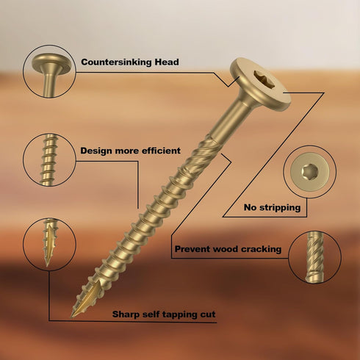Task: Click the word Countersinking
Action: click(x=116, y=62)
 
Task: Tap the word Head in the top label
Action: click(x=167, y=62)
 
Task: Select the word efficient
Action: click(x=161, y=151)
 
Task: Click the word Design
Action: click(x=96, y=151)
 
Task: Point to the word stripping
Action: click(x=280, y=208)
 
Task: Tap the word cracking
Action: click(x=261, y=249)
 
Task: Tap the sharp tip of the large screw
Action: click(x=72, y=317)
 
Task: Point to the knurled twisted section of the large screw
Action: click(x=199, y=156)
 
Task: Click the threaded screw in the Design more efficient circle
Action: click(x=49, y=159)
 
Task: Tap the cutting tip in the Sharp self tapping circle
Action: click(x=49, y=242)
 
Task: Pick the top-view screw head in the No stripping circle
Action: click(x=309, y=172)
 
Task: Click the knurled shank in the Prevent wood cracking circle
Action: click(x=315, y=257)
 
